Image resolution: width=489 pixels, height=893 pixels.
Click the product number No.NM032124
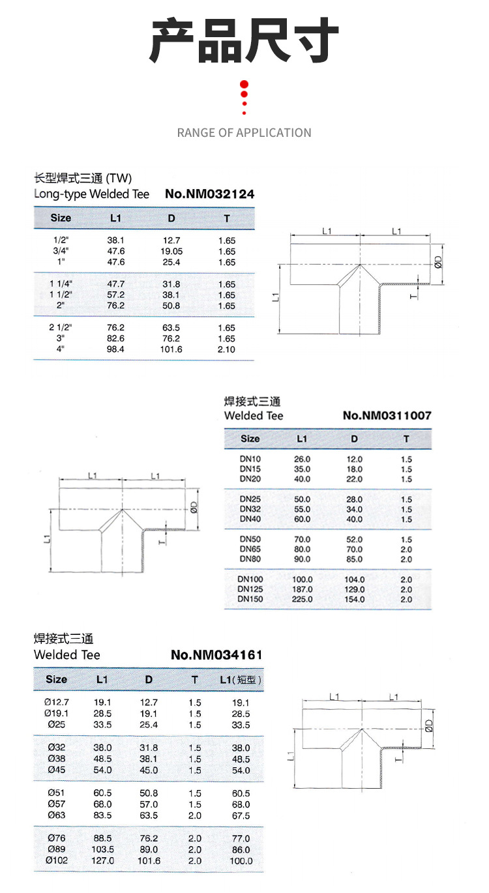point(209,194)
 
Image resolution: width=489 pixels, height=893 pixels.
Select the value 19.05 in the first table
point(171,251)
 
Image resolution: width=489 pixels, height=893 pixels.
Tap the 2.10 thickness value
point(227,349)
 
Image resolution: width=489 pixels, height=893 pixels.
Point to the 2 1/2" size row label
point(61,327)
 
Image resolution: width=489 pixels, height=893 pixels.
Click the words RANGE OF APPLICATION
point(244,133)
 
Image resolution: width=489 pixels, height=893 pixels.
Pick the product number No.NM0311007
point(387,415)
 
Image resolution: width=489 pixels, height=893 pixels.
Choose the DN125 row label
point(250,589)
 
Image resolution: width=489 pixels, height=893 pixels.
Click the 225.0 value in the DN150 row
point(302,599)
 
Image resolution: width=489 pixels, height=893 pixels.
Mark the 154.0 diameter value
point(354,599)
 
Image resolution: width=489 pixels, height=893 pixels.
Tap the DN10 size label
point(250,459)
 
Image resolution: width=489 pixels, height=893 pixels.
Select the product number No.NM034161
point(216,655)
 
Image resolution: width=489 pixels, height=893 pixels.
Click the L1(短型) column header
point(241,680)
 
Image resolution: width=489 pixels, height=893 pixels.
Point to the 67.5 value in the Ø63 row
point(241,815)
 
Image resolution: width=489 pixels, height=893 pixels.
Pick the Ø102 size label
point(57,860)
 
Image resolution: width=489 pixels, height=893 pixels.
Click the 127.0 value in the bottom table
point(102,860)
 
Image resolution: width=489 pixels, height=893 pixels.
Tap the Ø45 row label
point(57,770)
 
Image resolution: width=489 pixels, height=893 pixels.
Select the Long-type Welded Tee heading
point(91,194)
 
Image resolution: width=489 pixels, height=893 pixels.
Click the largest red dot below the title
point(244,84)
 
